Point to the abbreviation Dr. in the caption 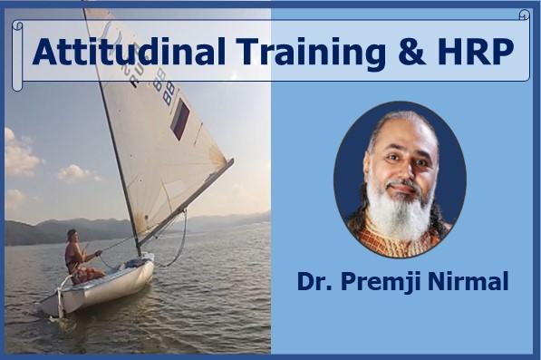314,282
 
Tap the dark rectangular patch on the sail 180,119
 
